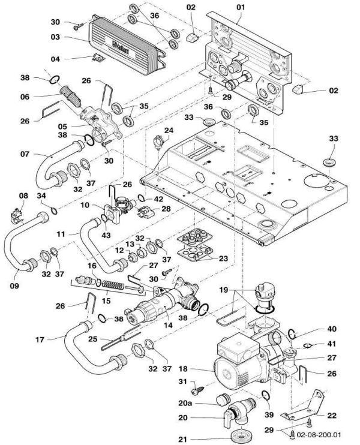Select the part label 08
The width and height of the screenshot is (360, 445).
pyautogui.click(x=23, y=196)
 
